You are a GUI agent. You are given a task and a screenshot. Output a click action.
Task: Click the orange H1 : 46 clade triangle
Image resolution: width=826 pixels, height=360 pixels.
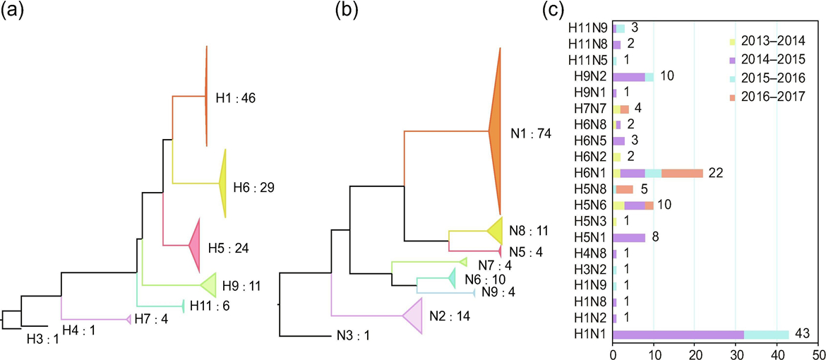point(206,97)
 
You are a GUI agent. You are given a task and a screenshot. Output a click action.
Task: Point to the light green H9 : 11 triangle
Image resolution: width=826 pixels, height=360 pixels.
point(209,285)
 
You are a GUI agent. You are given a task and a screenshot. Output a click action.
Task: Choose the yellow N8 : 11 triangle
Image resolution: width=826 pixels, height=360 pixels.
point(496,230)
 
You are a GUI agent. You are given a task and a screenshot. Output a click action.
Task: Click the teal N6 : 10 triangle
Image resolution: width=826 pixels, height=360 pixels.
point(450,280)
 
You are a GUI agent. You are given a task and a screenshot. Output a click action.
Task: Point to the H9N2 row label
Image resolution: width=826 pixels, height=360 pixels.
point(589,77)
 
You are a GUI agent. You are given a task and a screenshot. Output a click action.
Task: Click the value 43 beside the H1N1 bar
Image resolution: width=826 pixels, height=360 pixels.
point(801,332)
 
